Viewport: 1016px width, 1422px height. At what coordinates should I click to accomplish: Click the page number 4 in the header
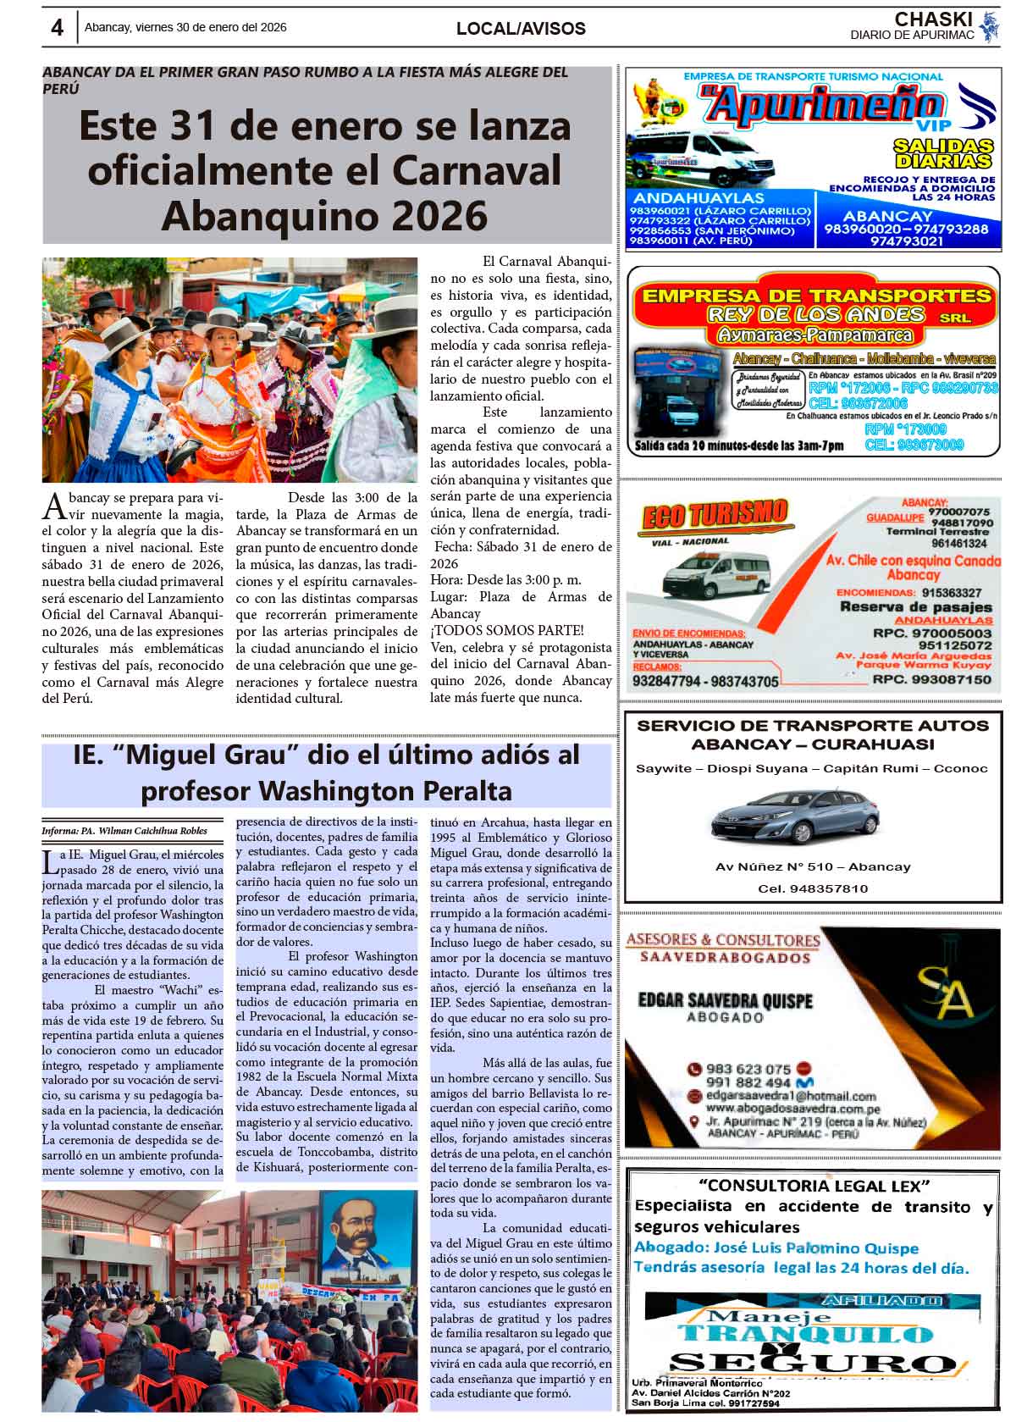pos(57,28)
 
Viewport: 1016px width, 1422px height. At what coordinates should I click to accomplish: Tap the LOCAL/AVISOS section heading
pos(521,29)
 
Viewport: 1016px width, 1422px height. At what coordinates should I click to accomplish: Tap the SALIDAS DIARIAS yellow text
pos(942,153)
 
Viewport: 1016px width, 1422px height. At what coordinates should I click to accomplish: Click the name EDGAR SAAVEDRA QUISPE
pos(724,1001)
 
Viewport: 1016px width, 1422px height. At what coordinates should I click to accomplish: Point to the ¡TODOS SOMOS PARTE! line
pos(506,630)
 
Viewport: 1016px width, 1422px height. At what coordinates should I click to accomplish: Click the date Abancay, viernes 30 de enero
pos(185,28)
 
